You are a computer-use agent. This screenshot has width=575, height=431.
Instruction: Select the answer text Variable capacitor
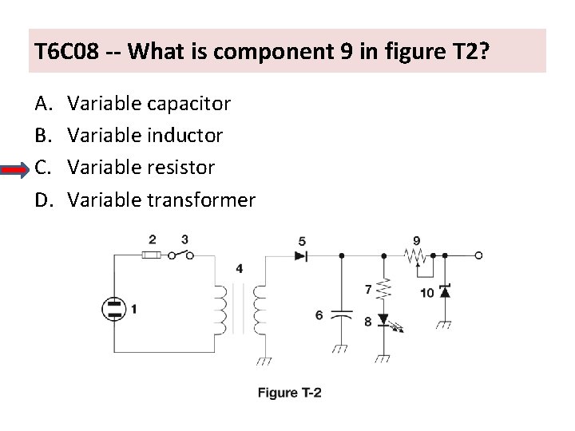tap(149, 104)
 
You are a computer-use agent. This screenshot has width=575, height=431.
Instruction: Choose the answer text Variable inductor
tap(145, 136)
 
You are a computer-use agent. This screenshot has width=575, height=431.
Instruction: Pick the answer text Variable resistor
tap(141, 168)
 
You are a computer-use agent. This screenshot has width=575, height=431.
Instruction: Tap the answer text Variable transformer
tap(161, 200)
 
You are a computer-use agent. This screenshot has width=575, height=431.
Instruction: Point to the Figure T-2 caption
tap(288, 392)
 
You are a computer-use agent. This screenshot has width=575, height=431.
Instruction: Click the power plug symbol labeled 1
tap(115, 309)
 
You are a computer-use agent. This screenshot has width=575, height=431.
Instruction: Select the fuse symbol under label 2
tap(152, 255)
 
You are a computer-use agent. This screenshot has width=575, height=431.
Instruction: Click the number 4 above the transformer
tap(240, 268)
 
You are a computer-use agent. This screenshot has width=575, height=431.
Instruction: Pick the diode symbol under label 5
tap(302, 256)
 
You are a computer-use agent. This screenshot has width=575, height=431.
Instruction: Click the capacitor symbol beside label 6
tap(342, 314)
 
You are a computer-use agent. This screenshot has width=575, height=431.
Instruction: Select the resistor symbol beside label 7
tap(385, 290)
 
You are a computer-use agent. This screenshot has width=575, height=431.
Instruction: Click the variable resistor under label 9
tap(415, 256)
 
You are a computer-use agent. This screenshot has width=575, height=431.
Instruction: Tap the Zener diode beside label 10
tap(445, 292)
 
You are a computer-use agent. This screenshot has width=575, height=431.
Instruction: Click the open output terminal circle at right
tap(478, 256)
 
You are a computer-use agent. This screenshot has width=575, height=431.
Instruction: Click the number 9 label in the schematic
tap(417, 239)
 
